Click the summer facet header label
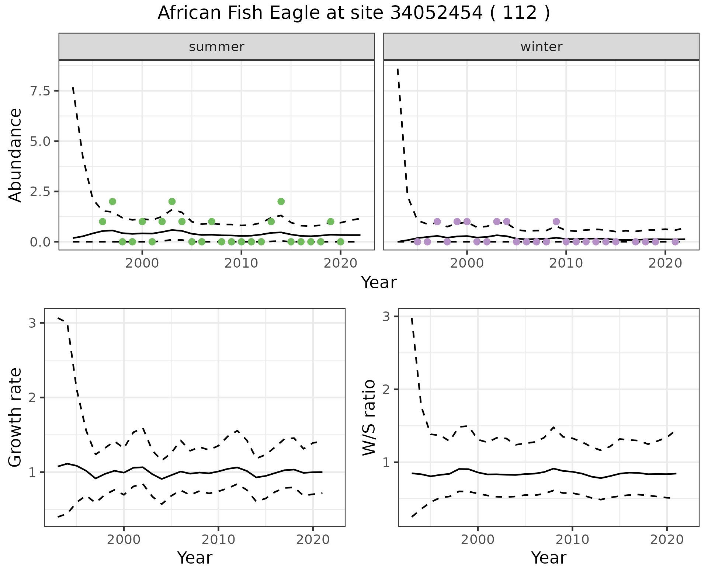coord(216,47)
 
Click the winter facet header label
coord(541,47)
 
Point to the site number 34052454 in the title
coord(436,13)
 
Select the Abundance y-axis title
coord(15,155)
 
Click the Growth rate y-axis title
coord(15,417)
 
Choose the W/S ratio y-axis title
coord(369,417)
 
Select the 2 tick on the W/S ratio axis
coord(386,389)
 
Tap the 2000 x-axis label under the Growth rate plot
coord(124,540)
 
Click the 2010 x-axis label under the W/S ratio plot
coord(572,540)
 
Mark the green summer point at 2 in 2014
coord(281,202)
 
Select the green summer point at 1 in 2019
coord(330,222)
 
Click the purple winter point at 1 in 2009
coord(556,222)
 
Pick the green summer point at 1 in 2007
coord(212,222)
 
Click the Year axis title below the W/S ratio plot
coord(548,558)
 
